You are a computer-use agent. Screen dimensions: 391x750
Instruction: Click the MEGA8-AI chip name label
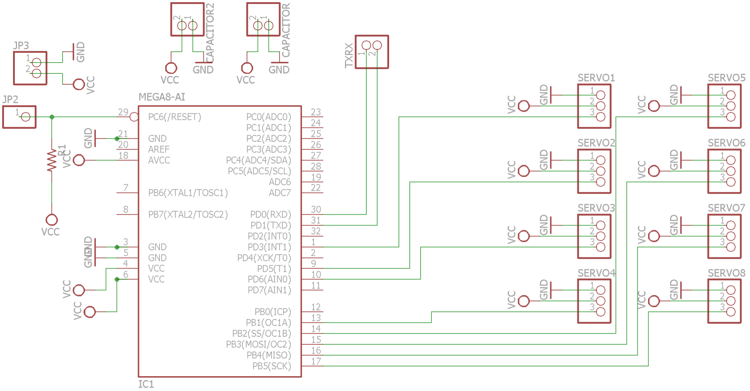(162, 97)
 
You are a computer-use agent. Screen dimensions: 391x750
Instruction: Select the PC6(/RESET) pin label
(174, 117)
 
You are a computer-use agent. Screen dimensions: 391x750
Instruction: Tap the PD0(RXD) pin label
(271, 214)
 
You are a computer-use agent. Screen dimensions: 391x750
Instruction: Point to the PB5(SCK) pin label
(271, 366)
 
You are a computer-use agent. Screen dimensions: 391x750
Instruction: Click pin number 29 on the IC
(123, 112)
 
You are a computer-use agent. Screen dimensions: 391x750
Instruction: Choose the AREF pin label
(159, 149)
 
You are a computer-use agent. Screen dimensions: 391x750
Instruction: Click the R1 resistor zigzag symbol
(52, 160)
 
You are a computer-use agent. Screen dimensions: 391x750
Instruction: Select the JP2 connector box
(20, 117)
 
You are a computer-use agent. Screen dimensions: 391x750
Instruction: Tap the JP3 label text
(21, 46)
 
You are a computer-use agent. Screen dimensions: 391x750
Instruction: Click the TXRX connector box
(372, 52)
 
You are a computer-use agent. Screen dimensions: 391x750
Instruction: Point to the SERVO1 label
(596, 78)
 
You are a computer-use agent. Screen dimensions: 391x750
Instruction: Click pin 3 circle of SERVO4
(601, 312)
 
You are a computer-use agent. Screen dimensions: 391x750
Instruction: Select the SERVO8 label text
(726, 273)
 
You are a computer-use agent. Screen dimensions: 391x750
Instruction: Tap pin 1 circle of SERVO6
(731, 160)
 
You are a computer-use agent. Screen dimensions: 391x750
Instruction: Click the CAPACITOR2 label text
(210, 33)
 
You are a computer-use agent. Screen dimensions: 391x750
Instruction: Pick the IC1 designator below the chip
(146, 384)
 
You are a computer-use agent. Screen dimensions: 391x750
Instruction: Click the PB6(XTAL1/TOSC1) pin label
(188, 193)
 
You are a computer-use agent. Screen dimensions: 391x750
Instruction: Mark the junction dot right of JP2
(52, 117)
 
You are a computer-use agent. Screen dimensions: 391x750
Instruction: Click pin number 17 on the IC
(316, 361)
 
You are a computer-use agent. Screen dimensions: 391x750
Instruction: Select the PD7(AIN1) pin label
(269, 290)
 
